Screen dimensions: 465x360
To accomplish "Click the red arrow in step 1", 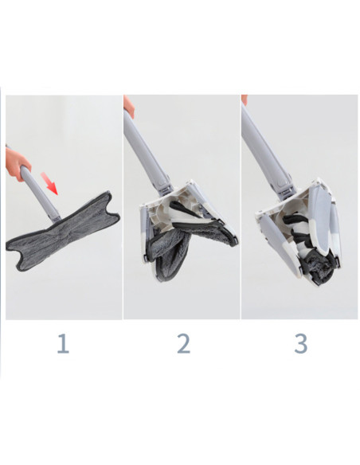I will point(51,186).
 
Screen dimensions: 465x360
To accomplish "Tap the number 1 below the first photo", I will point(63,344).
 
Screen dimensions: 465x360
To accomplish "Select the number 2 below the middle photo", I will point(183,344).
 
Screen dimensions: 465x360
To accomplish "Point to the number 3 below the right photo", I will point(300,344).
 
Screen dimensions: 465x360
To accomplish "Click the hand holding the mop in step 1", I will point(17,166).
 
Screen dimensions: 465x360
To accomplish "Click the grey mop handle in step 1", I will point(38,191).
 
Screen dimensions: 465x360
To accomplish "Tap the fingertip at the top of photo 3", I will point(245,100).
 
